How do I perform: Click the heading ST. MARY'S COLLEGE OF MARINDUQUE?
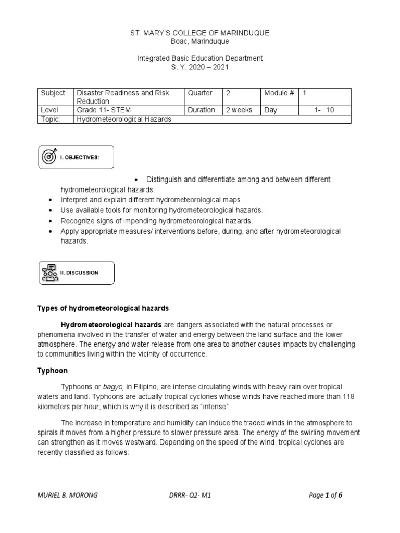[199, 33]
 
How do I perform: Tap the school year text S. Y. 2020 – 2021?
[199, 67]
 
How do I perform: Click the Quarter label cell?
[200, 93]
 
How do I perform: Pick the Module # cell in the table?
[279, 93]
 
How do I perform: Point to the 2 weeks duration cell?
[239, 110]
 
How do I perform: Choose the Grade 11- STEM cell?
[103, 110]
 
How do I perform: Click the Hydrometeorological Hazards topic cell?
[124, 119]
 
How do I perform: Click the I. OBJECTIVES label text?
[80, 157]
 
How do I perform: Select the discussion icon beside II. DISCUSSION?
[51, 273]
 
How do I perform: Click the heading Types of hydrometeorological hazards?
[103, 308]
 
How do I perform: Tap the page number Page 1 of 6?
[326, 495]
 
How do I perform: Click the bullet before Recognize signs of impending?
[51, 221]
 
